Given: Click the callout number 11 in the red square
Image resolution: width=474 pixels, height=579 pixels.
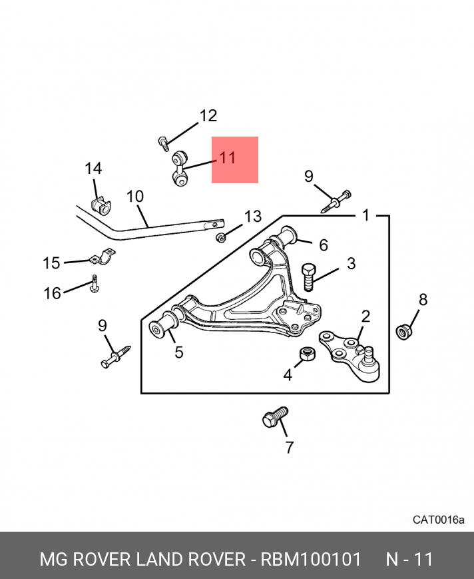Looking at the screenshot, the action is [x=227, y=158].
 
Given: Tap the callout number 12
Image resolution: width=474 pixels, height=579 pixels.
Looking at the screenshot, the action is [x=208, y=115].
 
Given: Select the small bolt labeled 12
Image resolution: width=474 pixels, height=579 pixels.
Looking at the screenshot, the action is [x=163, y=144].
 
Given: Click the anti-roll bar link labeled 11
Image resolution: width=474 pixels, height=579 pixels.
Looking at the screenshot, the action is [x=179, y=168].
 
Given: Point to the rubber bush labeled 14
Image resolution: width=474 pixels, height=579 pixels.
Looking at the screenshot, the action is [x=101, y=207].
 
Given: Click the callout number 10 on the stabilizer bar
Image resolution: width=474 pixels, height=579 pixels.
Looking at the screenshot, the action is [x=134, y=196].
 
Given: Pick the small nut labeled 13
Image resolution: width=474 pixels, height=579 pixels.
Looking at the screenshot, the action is [x=221, y=238].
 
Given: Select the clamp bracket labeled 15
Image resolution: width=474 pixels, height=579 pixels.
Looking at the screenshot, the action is [x=103, y=257].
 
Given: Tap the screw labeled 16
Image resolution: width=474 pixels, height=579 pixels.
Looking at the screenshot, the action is [x=94, y=284].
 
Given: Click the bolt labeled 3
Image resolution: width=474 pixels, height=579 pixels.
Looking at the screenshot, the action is [x=308, y=277].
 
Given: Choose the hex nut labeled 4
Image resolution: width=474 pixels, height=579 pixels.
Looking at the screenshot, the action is [x=308, y=353].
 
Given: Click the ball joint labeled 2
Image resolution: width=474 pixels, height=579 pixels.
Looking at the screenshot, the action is [x=350, y=356].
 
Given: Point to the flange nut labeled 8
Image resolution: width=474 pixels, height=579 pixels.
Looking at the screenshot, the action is [x=404, y=331].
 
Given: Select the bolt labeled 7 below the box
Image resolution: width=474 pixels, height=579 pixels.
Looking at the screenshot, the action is [x=275, y=417].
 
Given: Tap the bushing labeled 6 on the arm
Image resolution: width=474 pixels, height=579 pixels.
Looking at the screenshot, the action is [x=286, y=237].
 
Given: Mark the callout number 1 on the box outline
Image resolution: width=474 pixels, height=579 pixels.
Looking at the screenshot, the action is [x=365, y=215].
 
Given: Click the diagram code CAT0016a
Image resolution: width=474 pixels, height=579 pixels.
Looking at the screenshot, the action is [x=438, y=520].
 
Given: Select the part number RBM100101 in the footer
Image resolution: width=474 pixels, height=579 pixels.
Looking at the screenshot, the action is [x=311, y=559].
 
